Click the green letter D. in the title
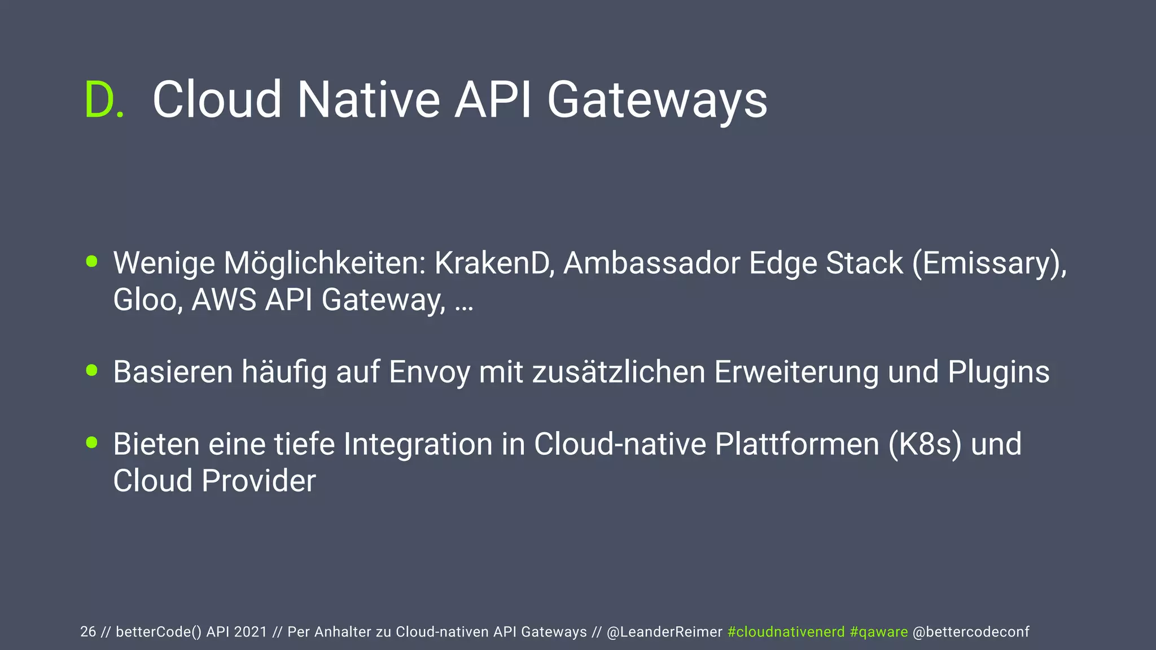(x=104, y=100)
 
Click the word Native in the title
(x=368, y=100)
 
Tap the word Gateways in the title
(x=657, y=100)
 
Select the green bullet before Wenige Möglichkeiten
(x=92, y=261)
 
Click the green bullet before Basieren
(x=92, y=370)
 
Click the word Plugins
(x=999, y=372)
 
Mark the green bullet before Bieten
(x=92, y=442)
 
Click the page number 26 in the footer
(x=88, y=632)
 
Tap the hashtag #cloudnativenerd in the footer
(x=786, y=632)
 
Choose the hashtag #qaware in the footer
(x=878, y=632)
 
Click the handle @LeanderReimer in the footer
(x=664, y=632)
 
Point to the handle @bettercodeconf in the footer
(x=971, y=632)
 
